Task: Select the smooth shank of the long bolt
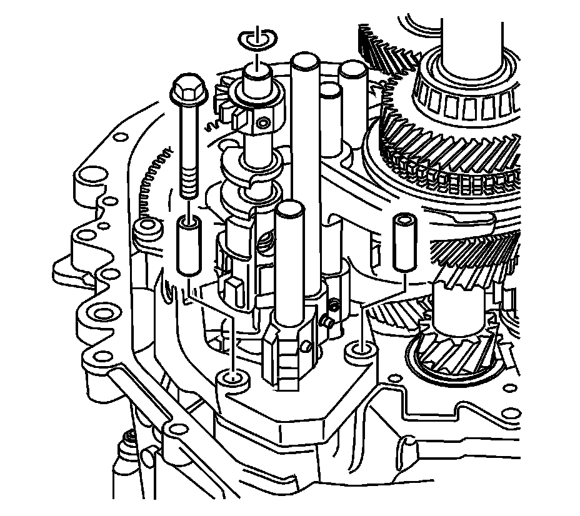click(187, 137)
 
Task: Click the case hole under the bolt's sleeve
click(233, 378)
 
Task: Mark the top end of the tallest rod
click(304, 62)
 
